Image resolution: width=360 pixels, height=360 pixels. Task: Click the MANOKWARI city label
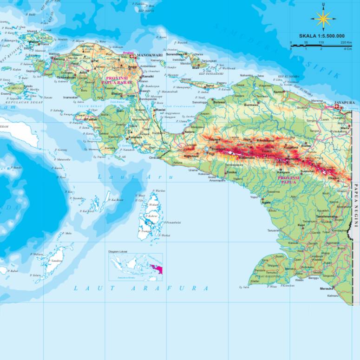[x=149, y=55]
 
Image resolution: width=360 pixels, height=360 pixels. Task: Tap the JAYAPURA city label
[x=344, y=103]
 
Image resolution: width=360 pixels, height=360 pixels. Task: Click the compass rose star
[x=323, y=20]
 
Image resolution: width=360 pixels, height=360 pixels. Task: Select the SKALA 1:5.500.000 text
[x=321, y=36]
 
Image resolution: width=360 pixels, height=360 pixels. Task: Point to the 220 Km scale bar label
[x=346, y=42]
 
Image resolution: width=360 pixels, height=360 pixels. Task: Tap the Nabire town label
[x=189, y=132]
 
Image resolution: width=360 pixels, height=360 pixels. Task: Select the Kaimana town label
[x=123, y=137]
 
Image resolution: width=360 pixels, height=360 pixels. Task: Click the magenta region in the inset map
[x=154, y=268]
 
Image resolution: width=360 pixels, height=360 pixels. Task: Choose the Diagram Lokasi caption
[x=118, y=251]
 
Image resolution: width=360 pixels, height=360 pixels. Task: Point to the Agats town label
[x=266, y=202]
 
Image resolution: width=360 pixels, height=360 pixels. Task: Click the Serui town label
[x=210, y=85]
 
